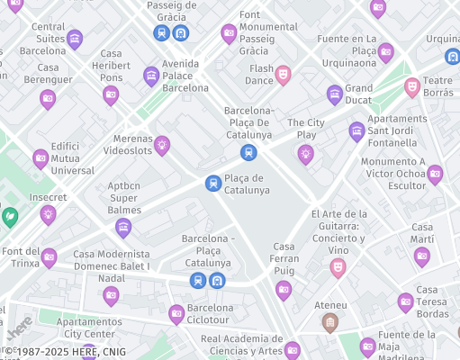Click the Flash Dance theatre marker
(x=283, y=73)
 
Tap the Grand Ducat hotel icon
(x=335, y=93)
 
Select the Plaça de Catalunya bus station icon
(x=213, y=183)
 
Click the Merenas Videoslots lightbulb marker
(x=162, y=143)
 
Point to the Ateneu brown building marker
(x=330, y=321)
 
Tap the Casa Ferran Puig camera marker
(x=284, y=289)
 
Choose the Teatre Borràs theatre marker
(x=412, y=85)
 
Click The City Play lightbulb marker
(x=306, y=154)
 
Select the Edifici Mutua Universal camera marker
(x=41, y=158)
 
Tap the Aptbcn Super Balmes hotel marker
(x=123, y=227)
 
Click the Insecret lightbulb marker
(x=49, y=213)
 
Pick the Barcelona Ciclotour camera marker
(x=176, y=313)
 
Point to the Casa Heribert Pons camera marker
(x=111, y=94)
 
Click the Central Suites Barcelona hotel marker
(x=75, y=39)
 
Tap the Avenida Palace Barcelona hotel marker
(x=151, y=76)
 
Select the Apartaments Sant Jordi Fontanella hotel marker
(x=357, y=130)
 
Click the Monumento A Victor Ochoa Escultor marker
(x=435, y=174)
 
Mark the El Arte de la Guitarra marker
(x=338, y=266)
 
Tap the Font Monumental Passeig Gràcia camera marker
(x=229, y=34)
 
